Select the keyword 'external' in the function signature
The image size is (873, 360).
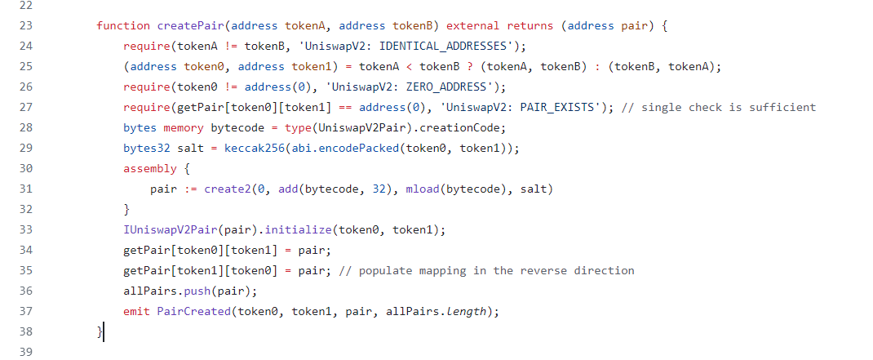(473, 25)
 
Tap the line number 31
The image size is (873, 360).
(24, 189)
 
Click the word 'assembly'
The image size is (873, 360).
(150, 168)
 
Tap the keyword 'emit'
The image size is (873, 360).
(136, 311)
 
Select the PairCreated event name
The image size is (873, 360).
(194, 311)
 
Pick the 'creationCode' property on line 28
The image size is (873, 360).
(466, 127)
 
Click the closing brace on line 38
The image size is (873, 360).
(100, 331)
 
